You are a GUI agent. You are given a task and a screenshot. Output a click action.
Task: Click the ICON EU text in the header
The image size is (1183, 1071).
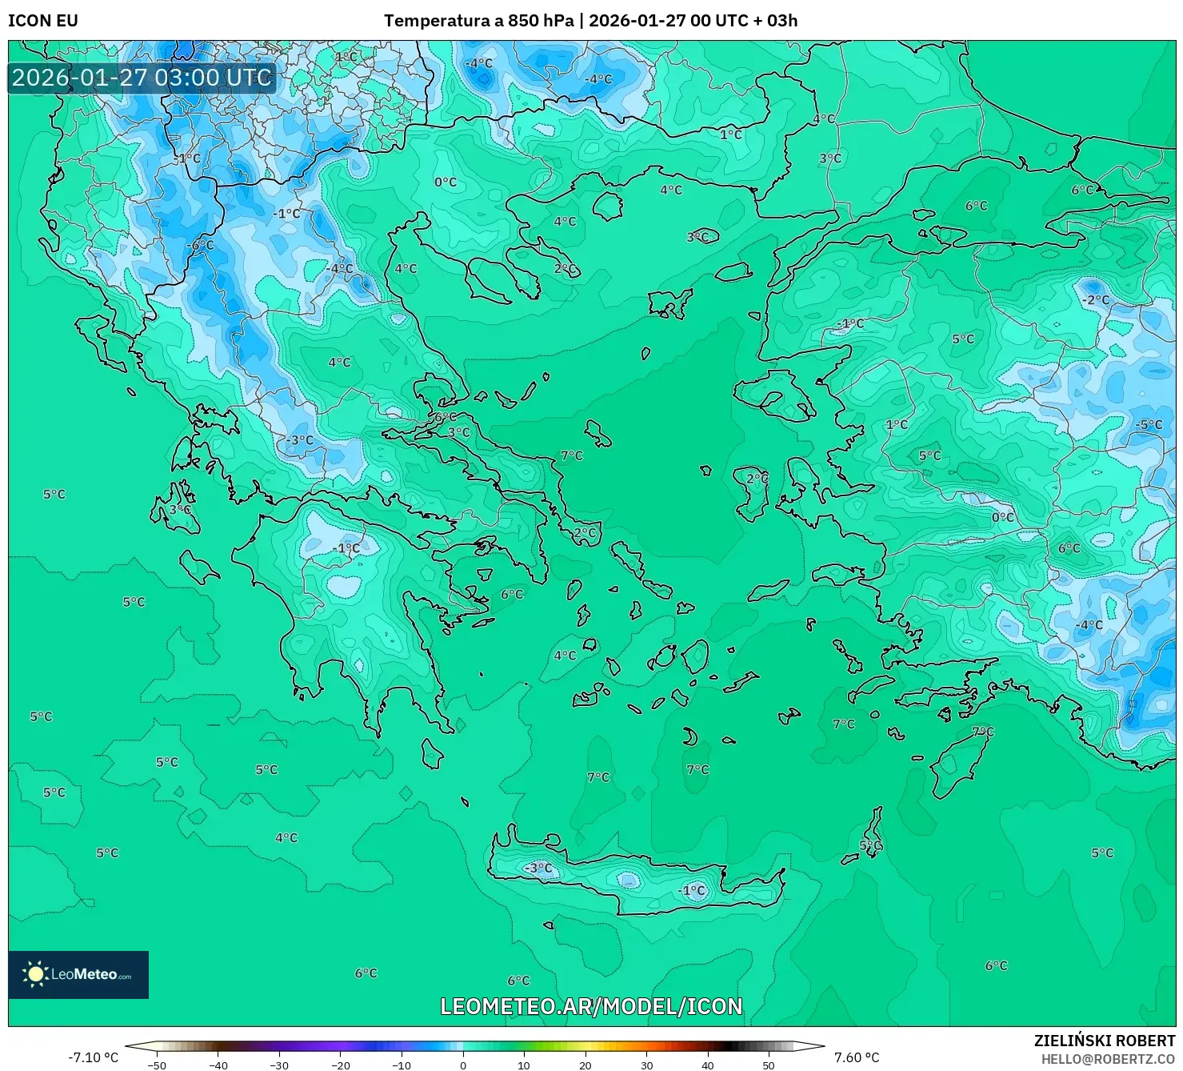coord(43,21)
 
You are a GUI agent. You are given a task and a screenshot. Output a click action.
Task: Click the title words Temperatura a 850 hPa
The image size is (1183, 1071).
coord(478,21)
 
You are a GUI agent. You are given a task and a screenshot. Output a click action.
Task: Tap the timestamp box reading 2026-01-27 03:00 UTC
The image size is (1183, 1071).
coord(142,78)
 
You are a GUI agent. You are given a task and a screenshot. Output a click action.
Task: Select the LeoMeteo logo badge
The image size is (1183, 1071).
coord(78,974)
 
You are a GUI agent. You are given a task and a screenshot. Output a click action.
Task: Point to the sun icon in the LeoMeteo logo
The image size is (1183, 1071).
coord(35,974)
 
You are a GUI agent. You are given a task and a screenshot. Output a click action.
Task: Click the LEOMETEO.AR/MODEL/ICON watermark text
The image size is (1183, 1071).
coord(591,1006)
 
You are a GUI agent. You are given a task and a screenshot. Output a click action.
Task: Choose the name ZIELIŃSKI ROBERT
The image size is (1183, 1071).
coord(1105,1041)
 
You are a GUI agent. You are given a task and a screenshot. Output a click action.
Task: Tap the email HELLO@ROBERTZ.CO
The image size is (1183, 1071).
coord(1108,1058)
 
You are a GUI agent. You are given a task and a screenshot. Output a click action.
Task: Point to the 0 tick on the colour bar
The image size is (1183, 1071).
coord(463,1065)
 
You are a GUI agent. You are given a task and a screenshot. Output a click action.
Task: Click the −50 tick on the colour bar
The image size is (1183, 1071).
coord(158,1065)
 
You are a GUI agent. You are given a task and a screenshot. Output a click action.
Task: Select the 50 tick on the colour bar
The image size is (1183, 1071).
coord(769,1065)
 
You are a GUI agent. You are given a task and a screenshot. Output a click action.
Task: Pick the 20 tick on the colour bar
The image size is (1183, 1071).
coord(586,1065)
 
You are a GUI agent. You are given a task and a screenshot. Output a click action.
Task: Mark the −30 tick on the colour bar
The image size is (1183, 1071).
coord(279,1065)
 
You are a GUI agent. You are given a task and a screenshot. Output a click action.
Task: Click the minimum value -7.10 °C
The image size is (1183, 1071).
coord(93,1057)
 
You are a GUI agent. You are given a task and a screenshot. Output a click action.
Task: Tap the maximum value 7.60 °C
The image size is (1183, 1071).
coord(857,1057)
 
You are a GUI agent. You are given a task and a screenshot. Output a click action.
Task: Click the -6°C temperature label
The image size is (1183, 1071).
coord(200,245)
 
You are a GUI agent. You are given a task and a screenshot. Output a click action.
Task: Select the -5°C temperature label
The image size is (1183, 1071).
coord(1149,424)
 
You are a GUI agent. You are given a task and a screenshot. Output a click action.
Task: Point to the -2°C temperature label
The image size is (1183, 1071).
coord(1096,300)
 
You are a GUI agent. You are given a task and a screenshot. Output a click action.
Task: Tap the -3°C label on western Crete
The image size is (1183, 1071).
coord(538,868)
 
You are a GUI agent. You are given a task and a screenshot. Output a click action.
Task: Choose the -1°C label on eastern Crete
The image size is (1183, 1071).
coord(692,890)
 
